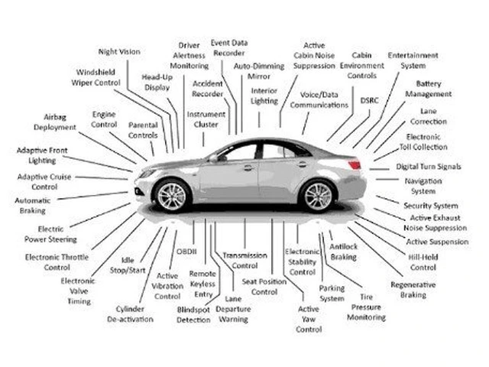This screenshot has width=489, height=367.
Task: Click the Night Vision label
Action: tap(119, 51)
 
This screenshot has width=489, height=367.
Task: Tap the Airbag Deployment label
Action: tap(54, 122)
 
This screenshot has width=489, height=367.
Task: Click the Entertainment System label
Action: tap(413, 60)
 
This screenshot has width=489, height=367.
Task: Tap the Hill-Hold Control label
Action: tap(423, 262)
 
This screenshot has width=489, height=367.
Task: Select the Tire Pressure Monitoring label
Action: tap(368, 307)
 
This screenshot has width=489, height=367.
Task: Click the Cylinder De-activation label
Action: tap(136, 313)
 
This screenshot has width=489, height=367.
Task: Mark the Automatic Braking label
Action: tap(33, 206)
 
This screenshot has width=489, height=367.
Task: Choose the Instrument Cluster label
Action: tap(206, 119)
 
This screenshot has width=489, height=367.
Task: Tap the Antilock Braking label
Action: tap(343, 252)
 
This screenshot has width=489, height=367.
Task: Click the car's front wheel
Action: tap(171, 196)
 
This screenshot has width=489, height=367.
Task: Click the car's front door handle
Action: tap(248, 167)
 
